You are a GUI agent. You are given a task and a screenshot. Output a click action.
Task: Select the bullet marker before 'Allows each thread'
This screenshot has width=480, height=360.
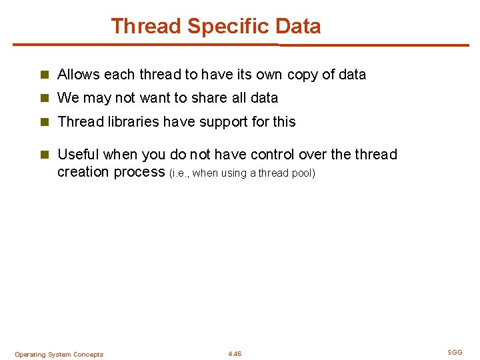45,75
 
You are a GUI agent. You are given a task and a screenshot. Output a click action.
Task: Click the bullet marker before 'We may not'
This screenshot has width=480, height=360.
45,98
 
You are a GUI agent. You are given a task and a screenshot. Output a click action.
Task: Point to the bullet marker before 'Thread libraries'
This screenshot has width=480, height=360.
45,122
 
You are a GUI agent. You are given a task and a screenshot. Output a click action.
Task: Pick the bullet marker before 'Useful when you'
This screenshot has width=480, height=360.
45,155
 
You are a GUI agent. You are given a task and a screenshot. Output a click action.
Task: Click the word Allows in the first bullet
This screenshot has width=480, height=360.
77,75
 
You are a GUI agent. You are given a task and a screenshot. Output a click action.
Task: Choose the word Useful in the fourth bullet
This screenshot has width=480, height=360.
78,155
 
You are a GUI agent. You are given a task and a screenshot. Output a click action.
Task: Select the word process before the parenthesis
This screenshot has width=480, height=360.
139,172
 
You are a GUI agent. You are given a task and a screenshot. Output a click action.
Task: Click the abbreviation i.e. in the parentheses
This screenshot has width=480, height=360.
180,173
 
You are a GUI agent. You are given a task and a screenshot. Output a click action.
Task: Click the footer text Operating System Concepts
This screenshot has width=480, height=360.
59,355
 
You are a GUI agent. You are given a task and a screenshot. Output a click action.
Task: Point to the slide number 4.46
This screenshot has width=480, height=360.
235,354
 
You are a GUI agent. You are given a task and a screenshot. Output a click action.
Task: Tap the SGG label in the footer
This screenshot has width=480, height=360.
455,352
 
